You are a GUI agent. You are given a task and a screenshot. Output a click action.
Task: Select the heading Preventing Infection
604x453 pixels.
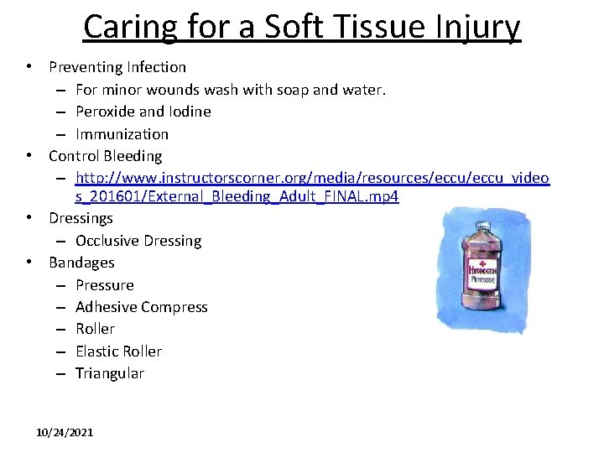[x=117, y=66]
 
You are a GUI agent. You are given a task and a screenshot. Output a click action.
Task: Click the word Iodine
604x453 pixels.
[x=190, y=112]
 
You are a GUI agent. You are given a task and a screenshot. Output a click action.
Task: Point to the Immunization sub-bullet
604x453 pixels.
[x=122, y=133]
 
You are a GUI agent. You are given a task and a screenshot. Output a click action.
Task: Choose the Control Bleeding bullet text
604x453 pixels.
[x=106, y=156]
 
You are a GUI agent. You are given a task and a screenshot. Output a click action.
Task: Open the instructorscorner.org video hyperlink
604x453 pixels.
[x=312, y=178]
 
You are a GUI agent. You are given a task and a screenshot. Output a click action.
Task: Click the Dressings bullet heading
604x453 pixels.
[x=81, y=218]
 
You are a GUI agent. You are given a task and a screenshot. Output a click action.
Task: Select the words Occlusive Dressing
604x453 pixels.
[x=138, y=241]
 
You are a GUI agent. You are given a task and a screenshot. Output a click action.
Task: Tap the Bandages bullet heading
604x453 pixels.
[x=81, y=263]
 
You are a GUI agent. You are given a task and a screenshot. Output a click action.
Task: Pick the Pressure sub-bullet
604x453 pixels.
[x=105, y=285]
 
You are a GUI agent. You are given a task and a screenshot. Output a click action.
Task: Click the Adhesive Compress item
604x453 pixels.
[x=141, y=307]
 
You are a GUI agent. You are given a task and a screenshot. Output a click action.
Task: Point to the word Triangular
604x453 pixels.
[x=110, y=373]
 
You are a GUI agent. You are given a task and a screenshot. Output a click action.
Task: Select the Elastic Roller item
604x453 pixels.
[x=118, y=351]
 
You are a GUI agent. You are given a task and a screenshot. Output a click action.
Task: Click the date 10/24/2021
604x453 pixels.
[x=65, y=432]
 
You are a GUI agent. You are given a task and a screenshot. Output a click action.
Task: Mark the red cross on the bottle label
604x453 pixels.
[x=484, y=260]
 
